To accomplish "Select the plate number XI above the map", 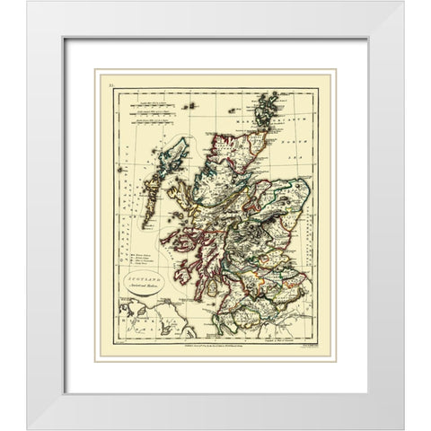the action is click(111, 83).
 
